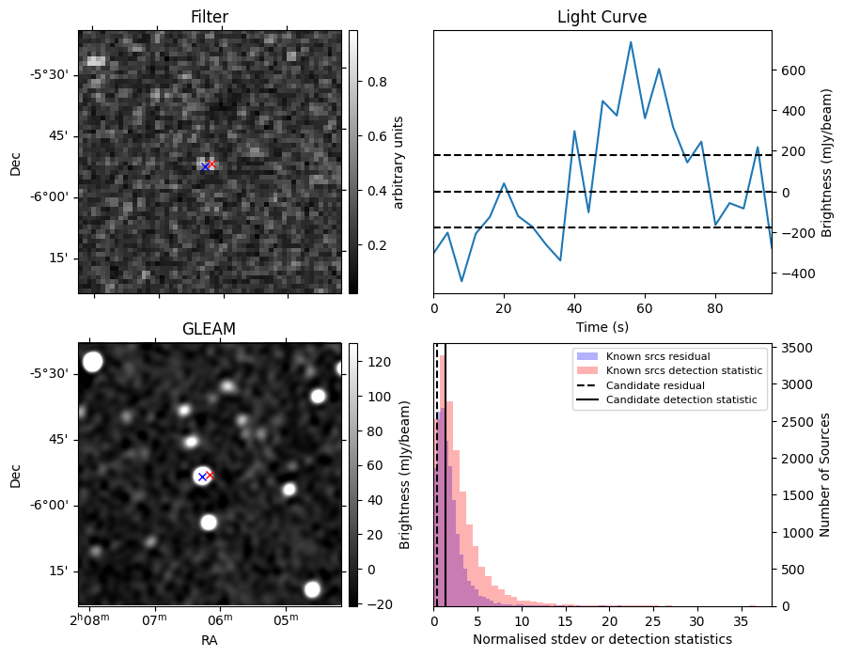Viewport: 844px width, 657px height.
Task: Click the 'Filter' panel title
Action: click(209, 17)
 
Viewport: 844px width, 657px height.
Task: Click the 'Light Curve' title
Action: click(602, 17)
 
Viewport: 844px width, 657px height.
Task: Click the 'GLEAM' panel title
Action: click(209, 328)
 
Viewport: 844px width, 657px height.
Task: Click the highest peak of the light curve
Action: click(631, 41)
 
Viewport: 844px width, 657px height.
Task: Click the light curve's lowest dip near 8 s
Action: click(461, 281)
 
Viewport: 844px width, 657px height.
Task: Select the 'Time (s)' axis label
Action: click(602, 327)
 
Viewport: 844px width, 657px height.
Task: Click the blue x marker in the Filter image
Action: click(204, 166)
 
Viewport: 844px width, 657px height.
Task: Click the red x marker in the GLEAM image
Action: click(210, 475)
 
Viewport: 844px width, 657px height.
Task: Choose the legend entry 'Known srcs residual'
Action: click(657, 357)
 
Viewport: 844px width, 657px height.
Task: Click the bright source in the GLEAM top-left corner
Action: click(92, 362)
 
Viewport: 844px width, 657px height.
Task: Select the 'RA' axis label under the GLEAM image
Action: click(209, 640)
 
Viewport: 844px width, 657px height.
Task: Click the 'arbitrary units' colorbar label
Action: click(399, 162)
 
